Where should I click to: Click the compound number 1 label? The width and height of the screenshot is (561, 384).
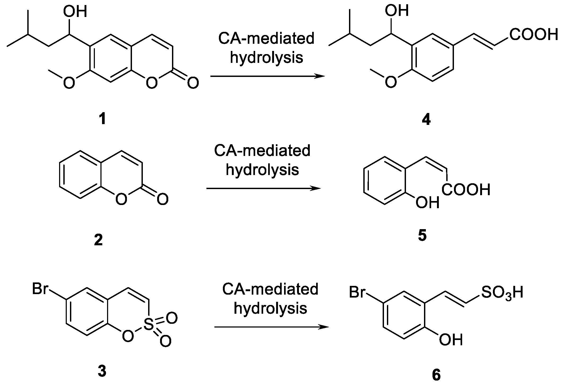pyautogui.click(x=102, y=119)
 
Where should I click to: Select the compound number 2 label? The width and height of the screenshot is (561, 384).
pyautogui.click(x=98, y=241)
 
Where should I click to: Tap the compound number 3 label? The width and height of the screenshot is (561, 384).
pyautogui.click(x=102, y=371)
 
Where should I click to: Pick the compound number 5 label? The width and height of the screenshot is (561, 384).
pyautogui.click(x=422, y=235)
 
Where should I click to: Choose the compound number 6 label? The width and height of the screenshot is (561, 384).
pyautogui.click(x=436, y=375)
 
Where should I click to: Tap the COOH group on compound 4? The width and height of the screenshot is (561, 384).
pyautogui.click(x=533, y=35)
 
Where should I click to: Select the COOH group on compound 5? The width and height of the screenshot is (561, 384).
pyautogui.click(x=466, y=190)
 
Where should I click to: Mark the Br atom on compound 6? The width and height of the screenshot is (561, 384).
pyautogui.click(x=357, y=293)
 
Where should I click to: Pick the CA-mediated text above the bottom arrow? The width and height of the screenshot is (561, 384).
pyautogui.click(x=270, y=290)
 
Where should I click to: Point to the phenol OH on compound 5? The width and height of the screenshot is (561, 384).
pyautogui.click(x=427, y=203)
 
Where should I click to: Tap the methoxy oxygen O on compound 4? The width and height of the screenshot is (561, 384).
pyautogui.click(x=391, y=82)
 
